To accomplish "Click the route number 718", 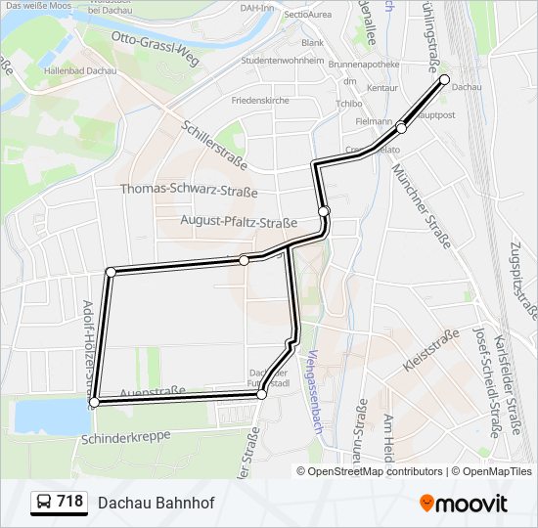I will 69,502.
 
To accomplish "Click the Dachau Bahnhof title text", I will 156,503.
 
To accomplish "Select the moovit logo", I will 464,504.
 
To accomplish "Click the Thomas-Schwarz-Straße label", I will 189,190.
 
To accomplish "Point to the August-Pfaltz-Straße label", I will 239,222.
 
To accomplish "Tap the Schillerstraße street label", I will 214,143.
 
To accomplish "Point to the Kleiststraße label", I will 431,353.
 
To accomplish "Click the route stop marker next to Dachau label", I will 444,80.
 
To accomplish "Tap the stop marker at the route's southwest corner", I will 94,402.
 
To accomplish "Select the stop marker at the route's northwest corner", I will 111,272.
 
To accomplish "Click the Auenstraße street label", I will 152,392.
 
